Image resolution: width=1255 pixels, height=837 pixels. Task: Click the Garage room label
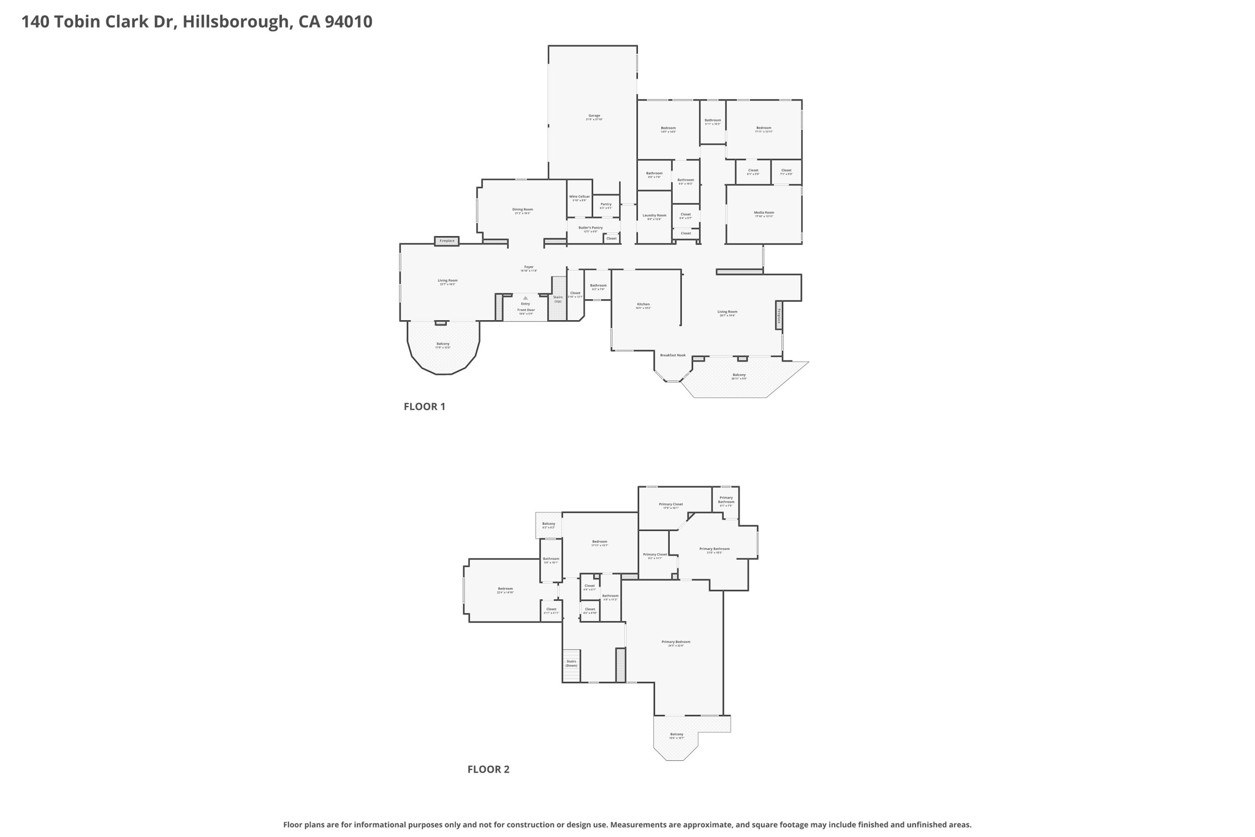click(x=594, y=116)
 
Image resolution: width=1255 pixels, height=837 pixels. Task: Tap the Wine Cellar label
click(x=579, y=197)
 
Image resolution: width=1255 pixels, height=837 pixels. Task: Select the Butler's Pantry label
click(x=590, y=227)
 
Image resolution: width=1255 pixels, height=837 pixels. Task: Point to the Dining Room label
click(x=523, y=210)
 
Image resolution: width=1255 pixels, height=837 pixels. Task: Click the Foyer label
click(x=528, y=267)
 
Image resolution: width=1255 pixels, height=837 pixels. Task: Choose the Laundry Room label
click(x=654, y=215)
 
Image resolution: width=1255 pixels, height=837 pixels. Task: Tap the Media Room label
click(x=764, y=213)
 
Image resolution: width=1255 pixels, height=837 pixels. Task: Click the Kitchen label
click(x=643, y=305)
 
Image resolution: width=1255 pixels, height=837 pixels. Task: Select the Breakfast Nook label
click(x=672, y=355)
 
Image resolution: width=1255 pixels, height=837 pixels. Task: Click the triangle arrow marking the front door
click(x=525, y=298)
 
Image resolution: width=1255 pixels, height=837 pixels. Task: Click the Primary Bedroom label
click(x=675, y=642)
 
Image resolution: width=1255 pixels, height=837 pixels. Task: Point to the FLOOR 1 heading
click(x=424, y=407)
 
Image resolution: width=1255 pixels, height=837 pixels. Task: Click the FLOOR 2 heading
click(x=488, y=770)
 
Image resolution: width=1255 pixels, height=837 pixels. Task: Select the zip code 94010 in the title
click(x=348, y=21)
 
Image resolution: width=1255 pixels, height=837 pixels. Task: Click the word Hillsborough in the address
click(x=236, y=21)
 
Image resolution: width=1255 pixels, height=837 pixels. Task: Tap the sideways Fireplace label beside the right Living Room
click(x=779, y=315)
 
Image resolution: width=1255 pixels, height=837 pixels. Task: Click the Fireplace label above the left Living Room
click(x=447, y=241)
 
